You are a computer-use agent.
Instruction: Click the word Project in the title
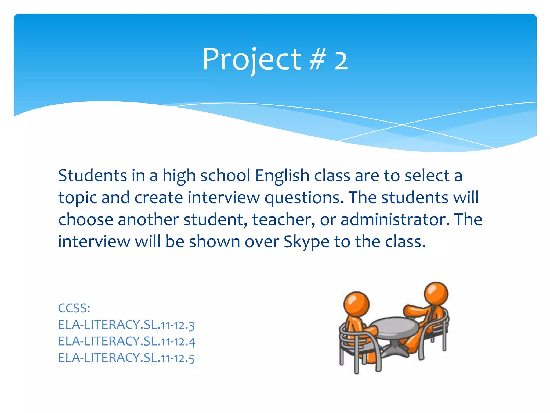click(252, 60)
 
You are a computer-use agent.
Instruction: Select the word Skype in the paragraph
click(306, 242)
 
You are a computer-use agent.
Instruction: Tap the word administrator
click(395, 220)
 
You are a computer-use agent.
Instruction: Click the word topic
click(78, 198)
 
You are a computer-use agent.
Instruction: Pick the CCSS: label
click(74, 308)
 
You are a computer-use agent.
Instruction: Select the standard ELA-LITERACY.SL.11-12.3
click(126, 325)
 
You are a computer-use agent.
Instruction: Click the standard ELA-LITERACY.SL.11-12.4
click(126, 341)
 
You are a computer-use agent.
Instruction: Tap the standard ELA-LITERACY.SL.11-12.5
click(126, 358)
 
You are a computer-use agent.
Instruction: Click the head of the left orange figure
click(356, 304)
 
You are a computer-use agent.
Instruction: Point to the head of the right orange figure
click(436, 294)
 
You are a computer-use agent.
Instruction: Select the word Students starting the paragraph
click(92, 176)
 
